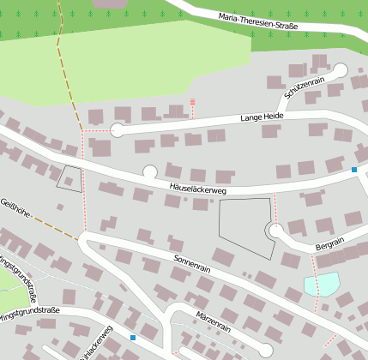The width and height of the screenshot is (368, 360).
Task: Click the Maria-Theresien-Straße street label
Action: tap(257, 21)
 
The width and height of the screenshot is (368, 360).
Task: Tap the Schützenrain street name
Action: tap(305, 90)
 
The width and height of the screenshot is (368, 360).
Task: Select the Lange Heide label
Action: tap(262, 117)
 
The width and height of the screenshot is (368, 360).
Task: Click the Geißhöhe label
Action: tap(16, 206)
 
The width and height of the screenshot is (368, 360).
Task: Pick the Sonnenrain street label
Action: tap(192, 262)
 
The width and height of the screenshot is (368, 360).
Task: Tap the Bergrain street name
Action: tap(329, 245)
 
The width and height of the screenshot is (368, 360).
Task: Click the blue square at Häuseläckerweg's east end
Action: tap(354, 171)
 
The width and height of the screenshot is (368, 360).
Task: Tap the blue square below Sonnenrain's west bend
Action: tap(133, 338)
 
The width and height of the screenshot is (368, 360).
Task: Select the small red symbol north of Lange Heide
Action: tap(192, 102)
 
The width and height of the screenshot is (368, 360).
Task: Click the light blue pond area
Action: tap(322, 284)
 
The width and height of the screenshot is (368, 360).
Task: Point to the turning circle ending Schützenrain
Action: tap(340, 70)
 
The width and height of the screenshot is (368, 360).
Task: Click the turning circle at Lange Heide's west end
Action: tap(118, 131)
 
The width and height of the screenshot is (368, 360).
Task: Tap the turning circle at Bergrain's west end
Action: tap(275, 231)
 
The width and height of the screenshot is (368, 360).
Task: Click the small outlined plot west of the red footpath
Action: tap(69, 178)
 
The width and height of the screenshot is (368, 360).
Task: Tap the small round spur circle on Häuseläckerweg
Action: tap(150, 171)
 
